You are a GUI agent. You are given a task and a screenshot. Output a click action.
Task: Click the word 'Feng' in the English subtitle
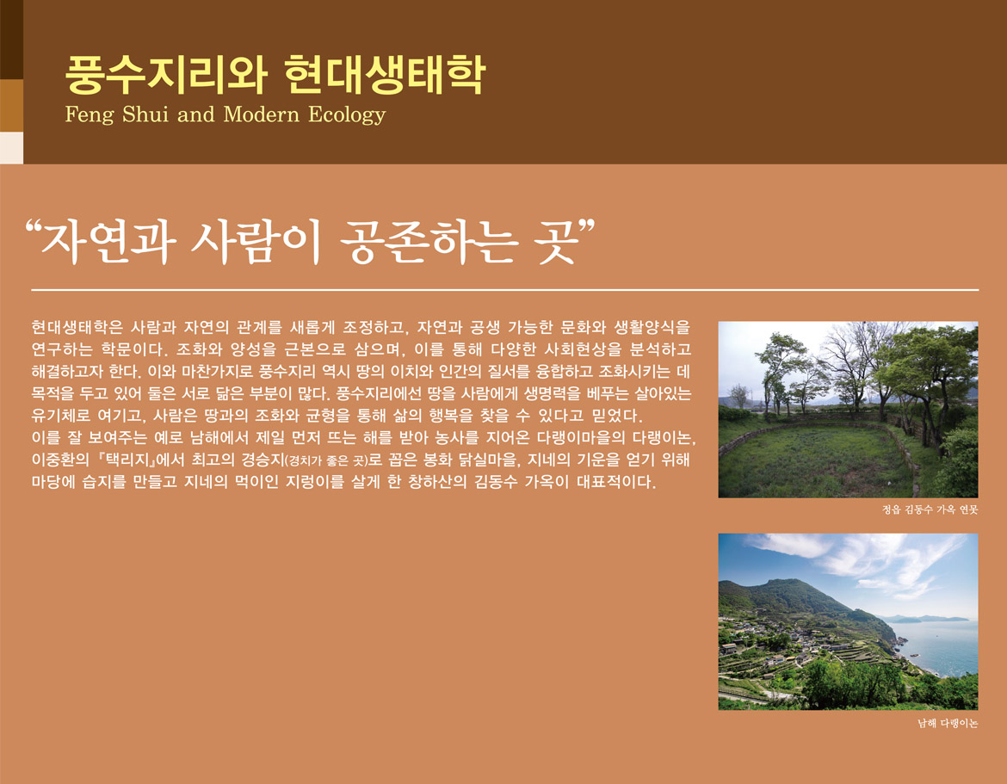pyautogui.click(x=90, y=114)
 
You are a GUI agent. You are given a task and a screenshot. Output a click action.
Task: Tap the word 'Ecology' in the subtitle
pyautogui.click(x=347, y=115)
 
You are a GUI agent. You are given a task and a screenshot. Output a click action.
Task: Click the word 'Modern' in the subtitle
pyautogui.click(x=262, y=114)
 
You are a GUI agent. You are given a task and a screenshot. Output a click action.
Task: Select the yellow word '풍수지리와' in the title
pyautogui.click(x=166, y=75)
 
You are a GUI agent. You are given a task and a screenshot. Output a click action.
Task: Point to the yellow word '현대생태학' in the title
pyautogui.click(x=384, y=75)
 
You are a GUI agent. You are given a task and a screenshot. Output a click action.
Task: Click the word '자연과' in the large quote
pyautogui.click(x=108, y=242)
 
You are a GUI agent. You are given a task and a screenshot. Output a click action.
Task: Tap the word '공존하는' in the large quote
pyautogui.click(x=427, y=242)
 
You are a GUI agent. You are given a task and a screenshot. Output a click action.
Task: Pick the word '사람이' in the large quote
pyautogui.click(x=256, y=242)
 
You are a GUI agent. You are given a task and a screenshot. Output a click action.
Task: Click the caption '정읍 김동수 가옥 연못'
pyautogui.click(x=930, y=509)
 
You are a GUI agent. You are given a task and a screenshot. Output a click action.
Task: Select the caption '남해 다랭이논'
pyautogui.click(x=948, y=724)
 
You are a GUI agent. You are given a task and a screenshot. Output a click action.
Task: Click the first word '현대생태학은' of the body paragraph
pyautogui.click(x=77, y=328)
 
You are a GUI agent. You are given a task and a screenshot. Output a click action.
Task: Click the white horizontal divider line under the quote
pyautogui.click(x=504, y=290)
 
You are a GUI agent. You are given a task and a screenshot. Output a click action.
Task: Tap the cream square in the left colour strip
pyautogui.click(x=11, y=148)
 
